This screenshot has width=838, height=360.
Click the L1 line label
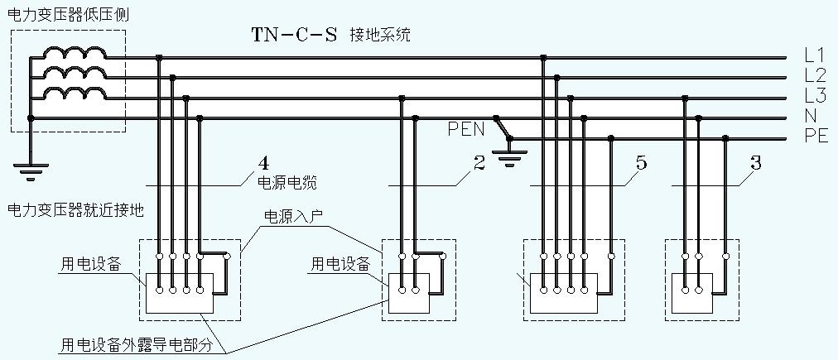(x=814, y=55)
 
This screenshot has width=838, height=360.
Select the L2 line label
(x=814, y=75)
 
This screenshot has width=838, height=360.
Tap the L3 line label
(x=814, y=95)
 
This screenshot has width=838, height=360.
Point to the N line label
(x=811, y=117)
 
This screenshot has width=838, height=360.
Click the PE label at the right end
(x=816, y=137)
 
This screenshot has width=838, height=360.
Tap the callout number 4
(x=264, y=163)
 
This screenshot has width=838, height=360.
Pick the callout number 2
(x=479, y=163)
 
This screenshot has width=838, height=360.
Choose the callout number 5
(x=642, y=163)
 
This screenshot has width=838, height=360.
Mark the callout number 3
(x=755, y=163)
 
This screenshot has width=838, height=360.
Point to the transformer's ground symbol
(x=31, y=171)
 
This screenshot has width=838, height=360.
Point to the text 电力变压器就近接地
(x=75, y=210)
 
